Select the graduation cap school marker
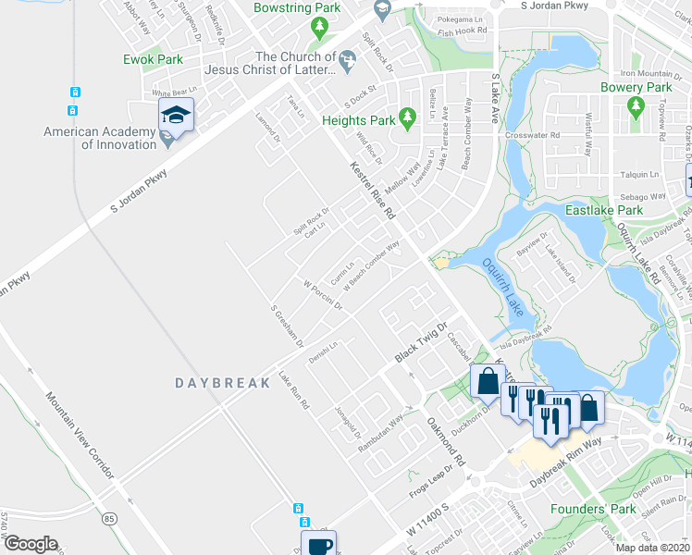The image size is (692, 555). coord(175,117)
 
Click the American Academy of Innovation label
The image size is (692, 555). coord(100,138)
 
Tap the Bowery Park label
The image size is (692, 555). coord(635,88)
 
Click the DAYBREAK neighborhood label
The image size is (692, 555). coord(213,381)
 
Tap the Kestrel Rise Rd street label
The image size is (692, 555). coord(373,190)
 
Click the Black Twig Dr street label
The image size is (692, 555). coord(421,343)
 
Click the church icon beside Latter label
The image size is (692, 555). coord(347,62)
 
